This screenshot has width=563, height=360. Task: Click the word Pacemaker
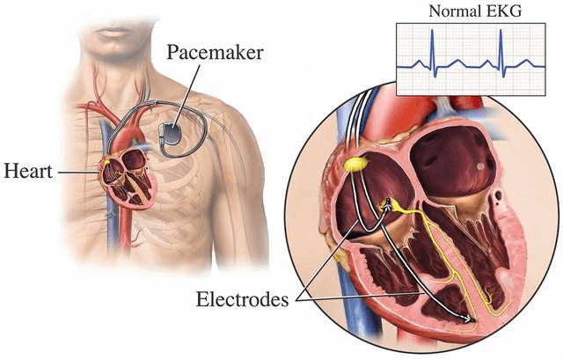215,53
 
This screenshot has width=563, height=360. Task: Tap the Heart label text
28,171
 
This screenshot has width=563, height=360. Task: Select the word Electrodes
243,299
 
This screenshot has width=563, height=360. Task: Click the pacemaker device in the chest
170,134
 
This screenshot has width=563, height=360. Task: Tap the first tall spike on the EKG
433,53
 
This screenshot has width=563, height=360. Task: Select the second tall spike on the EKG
501,53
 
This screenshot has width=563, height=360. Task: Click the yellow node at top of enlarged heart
355,165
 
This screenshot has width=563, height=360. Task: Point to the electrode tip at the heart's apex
470,319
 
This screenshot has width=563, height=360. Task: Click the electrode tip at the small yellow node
387,205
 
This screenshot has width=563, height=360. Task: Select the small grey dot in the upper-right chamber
480,166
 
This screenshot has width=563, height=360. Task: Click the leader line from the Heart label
78,173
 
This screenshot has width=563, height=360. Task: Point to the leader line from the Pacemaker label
186,96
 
